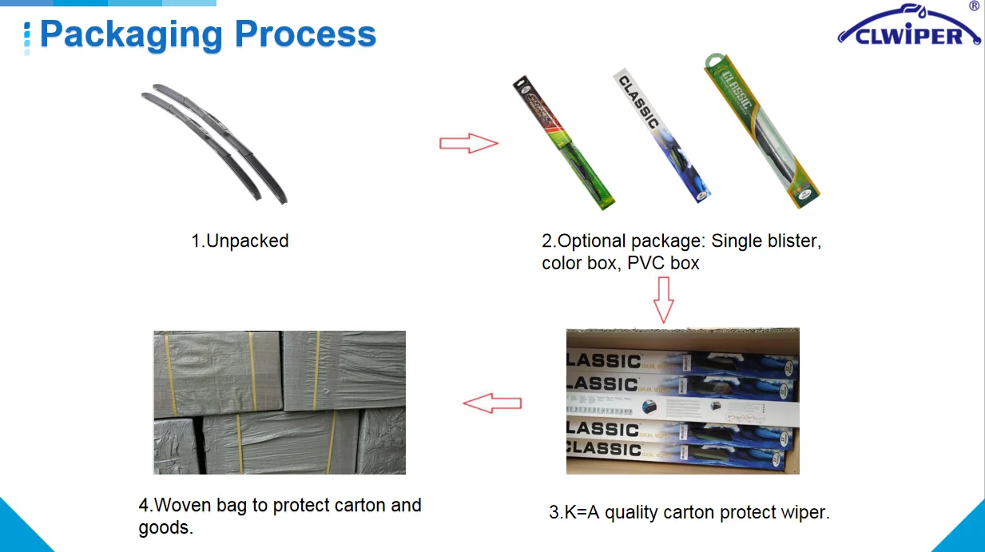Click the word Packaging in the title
[130, 35]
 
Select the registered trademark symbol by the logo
[974, 6]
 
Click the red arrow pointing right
[469, 144]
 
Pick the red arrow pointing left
[492, 403]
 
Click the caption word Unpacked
[248, 240]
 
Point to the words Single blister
[766, 240]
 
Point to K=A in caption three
[582, 513]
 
